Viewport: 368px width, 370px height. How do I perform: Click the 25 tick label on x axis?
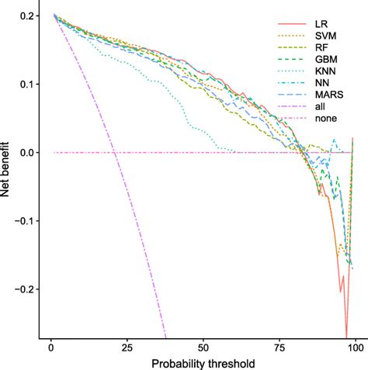(x=127, y=348)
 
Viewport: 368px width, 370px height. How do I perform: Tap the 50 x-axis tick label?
(x=203, y=348)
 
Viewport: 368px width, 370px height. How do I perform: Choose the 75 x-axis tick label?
(x=279, y=348)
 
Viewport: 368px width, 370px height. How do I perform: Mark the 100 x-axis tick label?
(x=355, y=348)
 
